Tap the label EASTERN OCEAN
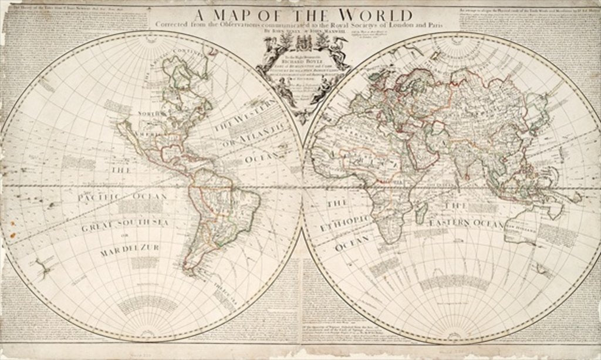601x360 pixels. (x=466, y=224)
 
